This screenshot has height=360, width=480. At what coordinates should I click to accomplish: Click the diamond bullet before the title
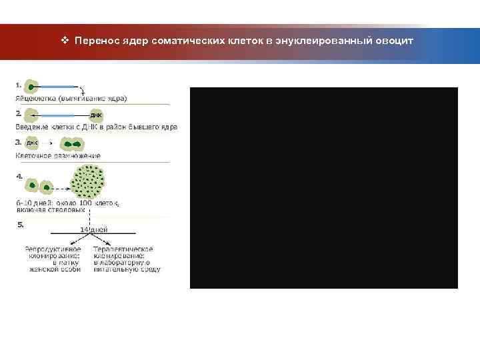65,41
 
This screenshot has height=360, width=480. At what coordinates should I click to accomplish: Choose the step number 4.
19,177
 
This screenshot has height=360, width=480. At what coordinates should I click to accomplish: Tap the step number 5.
19,225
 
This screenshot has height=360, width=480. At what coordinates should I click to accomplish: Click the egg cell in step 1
31,87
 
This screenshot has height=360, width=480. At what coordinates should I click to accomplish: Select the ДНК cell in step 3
31,143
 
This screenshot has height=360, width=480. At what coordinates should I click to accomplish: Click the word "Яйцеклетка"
36,99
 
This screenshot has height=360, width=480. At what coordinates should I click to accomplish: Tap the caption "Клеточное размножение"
57,155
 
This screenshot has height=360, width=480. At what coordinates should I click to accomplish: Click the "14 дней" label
93,229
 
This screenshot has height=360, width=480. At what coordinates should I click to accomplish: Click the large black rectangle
324,187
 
